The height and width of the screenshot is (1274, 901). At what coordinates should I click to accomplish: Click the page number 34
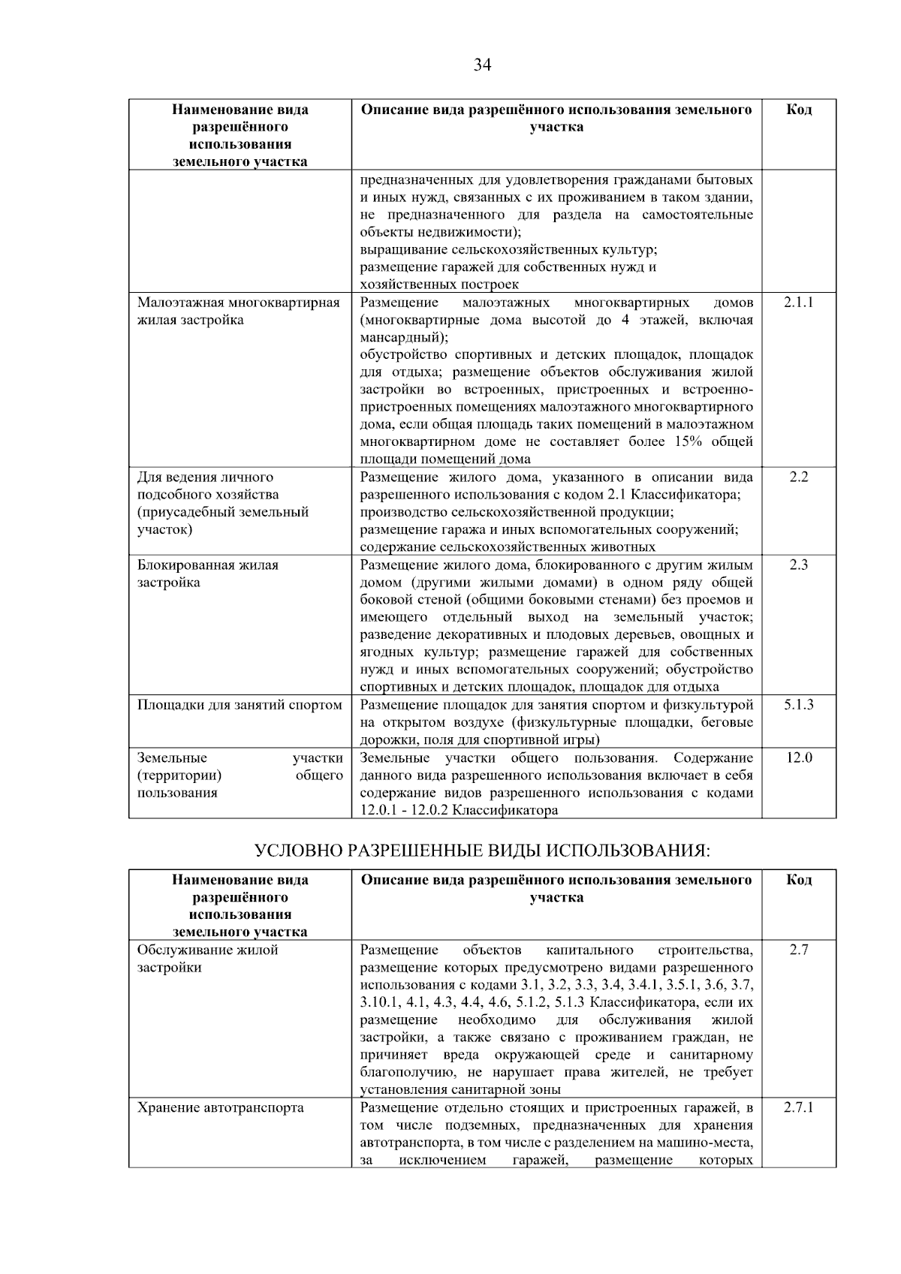[482, 65]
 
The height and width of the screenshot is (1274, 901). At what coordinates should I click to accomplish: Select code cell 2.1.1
[799, 303]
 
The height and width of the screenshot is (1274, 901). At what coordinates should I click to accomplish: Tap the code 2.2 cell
[799, 477]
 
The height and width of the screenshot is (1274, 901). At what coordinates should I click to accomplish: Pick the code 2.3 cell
[799, 565]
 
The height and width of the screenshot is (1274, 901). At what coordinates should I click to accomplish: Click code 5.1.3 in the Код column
[799, 705]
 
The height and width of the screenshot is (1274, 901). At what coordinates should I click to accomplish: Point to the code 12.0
[799, 757]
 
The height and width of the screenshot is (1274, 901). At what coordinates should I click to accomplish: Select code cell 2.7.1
[799, 1107]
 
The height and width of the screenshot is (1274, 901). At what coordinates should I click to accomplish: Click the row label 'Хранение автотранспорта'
[221, 1107]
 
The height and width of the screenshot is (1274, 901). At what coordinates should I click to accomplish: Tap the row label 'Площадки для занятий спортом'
[240, 705]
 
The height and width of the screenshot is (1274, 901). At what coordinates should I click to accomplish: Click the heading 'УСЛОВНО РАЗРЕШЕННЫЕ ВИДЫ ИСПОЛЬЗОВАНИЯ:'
[482, 851]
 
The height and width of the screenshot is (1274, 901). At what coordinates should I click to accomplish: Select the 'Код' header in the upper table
[799, 110]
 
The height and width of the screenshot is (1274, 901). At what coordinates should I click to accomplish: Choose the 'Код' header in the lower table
[799, 880]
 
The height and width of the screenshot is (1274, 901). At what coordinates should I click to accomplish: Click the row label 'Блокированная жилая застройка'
[208, 574]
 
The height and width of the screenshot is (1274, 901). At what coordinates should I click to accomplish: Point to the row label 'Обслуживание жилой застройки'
[208, 959]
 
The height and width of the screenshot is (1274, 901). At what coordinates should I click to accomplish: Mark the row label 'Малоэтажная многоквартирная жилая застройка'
[239, 312]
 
